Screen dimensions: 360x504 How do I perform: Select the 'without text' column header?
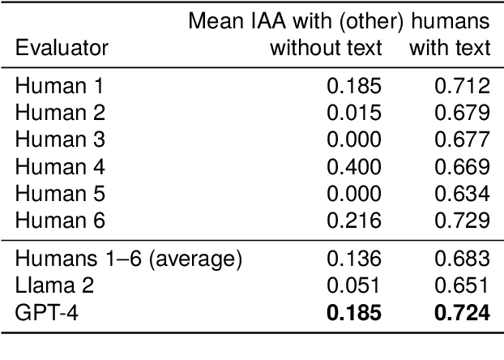pyautogui.click(x=325, y=49)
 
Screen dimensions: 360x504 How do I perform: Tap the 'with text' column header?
pyautogui.click(x=450, y=49)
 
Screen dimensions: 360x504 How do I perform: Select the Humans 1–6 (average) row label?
pyautogui.click(x=129, y=259)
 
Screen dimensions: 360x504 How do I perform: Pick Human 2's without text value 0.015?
pyautogui.click(x=353, y=112)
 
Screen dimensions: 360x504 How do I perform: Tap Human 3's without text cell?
pyautogui.click(x=353, y=139)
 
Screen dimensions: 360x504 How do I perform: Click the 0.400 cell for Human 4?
pyautogui.click(x=353, y=167)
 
